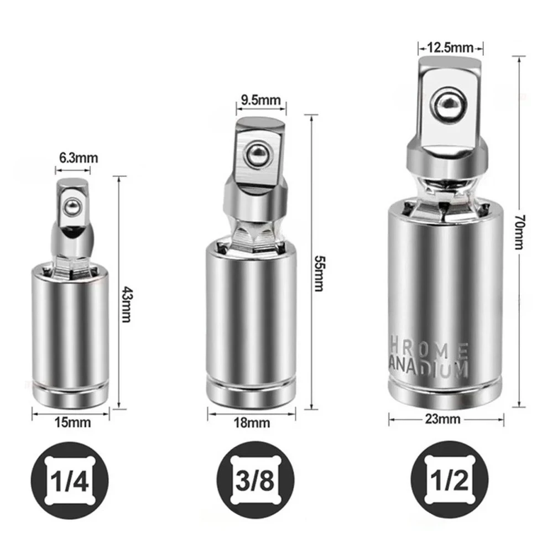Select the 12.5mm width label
click(450, 48)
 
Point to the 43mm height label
click(126, 304)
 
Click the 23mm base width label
click(443, 419)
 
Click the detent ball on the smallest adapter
click(72, 207)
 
